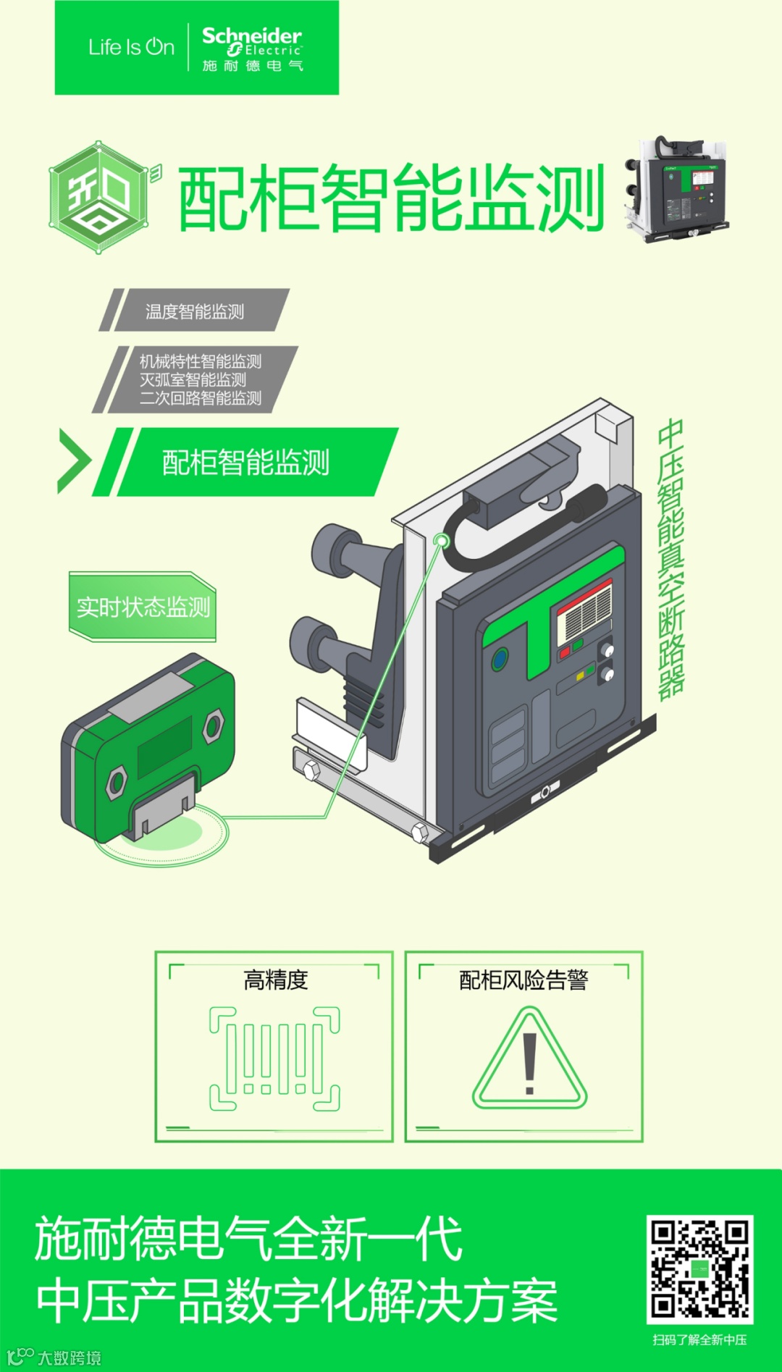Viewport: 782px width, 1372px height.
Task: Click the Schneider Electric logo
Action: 252,49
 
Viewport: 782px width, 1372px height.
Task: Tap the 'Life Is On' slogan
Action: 131,47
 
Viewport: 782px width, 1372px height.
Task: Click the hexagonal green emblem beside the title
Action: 100,197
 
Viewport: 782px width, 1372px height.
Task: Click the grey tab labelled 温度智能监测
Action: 194,311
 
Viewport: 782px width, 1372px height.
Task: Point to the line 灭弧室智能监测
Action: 193,379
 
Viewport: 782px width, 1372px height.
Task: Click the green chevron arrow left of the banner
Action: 74,461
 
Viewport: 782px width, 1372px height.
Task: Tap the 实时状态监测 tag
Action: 143,607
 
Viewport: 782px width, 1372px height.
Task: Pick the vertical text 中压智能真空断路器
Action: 671,559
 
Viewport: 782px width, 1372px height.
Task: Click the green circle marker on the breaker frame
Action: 440,541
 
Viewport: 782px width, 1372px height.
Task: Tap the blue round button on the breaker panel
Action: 500,660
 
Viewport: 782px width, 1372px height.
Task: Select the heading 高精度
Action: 276,980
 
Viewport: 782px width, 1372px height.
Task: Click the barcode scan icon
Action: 274,1058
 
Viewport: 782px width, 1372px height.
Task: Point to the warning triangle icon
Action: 530,1058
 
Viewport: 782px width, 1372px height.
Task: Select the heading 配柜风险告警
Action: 524,980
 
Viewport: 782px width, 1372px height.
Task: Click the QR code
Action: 699,1270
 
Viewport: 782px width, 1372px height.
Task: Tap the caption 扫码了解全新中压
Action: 699,1339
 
